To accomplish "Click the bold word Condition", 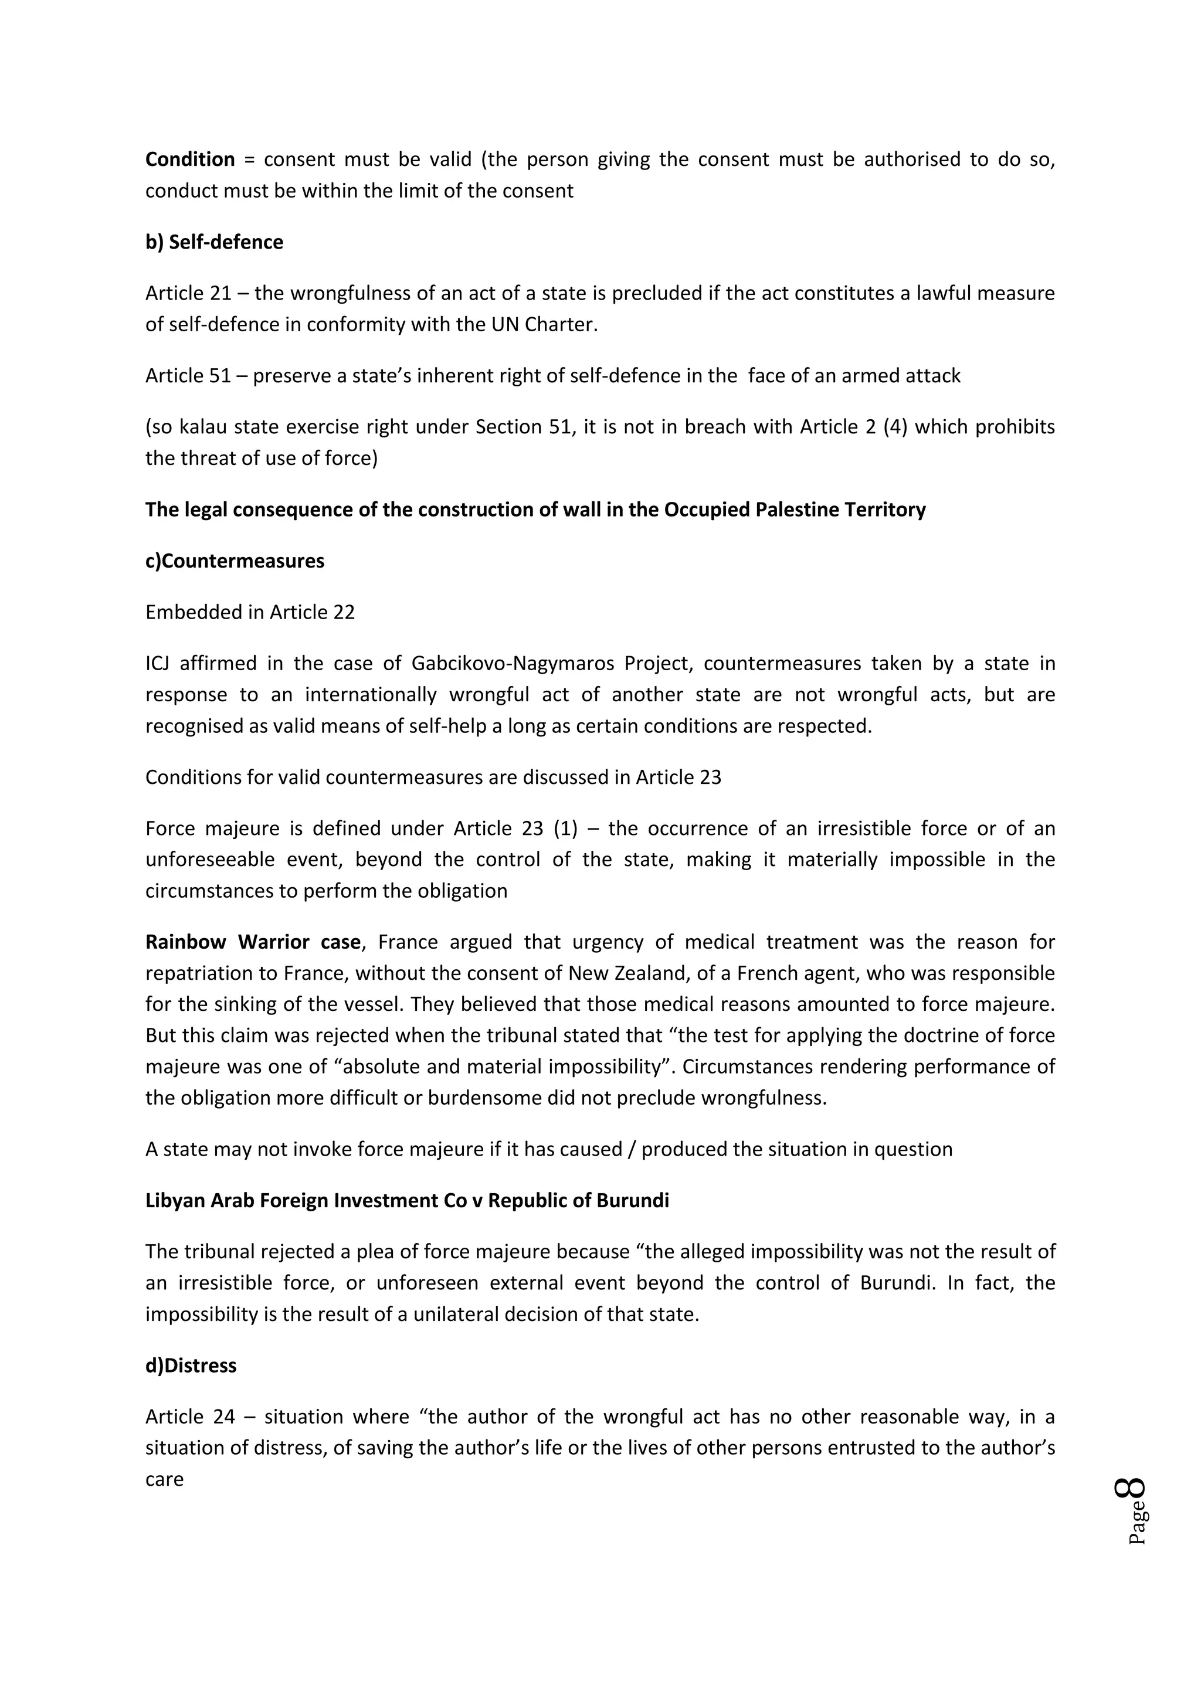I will click(189, 159).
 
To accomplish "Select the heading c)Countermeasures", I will click(235, 561).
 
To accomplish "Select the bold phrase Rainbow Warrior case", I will click(252, 942).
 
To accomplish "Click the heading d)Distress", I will click(191, 1365).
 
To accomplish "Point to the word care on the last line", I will click(164, 1479).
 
